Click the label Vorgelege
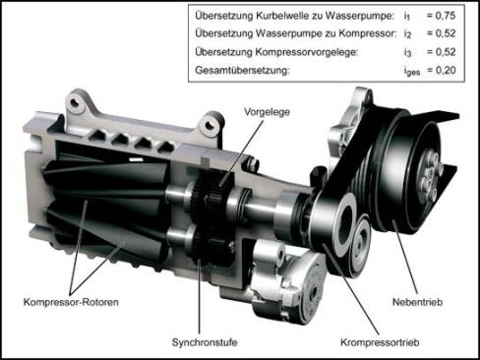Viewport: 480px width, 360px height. pos(267,112)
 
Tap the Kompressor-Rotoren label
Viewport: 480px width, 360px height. pos(71,302)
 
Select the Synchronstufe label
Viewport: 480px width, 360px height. pos(205,342)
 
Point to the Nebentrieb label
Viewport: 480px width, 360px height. pos(417,302)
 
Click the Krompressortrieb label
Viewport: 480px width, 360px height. pos(380,342)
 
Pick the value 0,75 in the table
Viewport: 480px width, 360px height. pos(446,16)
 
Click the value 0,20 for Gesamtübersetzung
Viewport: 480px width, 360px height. pos(446,70)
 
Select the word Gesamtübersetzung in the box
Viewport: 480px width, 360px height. pos(242,70)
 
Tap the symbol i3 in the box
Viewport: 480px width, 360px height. pos(407,52)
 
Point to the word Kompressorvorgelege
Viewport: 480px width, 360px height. pos(307,52)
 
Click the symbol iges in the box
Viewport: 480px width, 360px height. pos(412,71)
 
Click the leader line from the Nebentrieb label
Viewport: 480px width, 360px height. pos(405,258)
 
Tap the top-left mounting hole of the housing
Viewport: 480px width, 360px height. pos(76,102)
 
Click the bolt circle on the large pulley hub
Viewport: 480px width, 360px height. pos(429,175)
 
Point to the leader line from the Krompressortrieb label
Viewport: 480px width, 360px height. pos(352,290)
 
